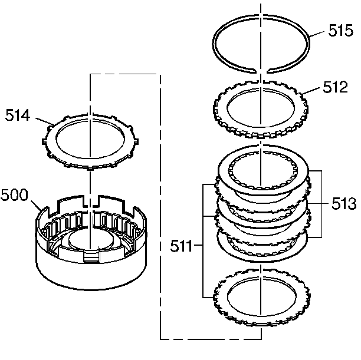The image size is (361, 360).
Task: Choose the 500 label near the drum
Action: [x=15, y=196]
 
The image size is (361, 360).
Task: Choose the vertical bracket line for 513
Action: [x=321, y=204]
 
